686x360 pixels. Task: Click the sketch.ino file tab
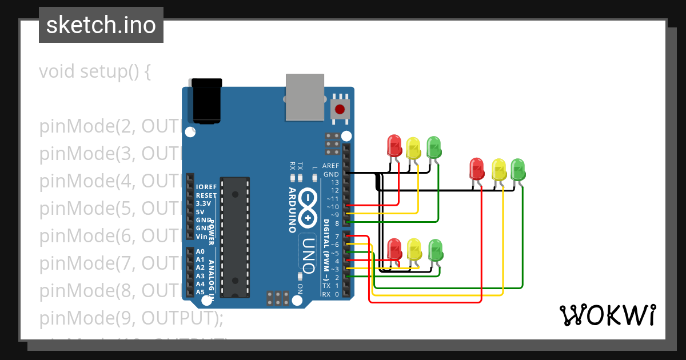(x=101, y=25)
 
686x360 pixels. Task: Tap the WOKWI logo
(x=607, y=315)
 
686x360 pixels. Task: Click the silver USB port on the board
(x=304, y=97)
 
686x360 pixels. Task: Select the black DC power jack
(x=206, y=101)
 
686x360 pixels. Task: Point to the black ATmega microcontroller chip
(x=236, y=237)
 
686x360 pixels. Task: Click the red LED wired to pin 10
(x=394, y=146)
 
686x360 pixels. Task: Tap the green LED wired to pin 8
(x=434, y=147)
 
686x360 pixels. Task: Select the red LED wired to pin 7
(x=476, y=169)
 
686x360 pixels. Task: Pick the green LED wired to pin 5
(x=518, y=169)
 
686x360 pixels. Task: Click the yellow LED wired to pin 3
(x=414, y=249)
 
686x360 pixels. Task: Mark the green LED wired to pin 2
(x=435, y=249)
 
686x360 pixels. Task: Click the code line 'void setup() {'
(x=94, y=72)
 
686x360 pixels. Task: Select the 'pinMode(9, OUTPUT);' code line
(x=131, y=318)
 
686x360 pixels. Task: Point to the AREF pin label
(x=330, y=166)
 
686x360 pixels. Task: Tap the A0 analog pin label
(x=200, y=251)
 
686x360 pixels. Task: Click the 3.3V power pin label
(x=203, y=203)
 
